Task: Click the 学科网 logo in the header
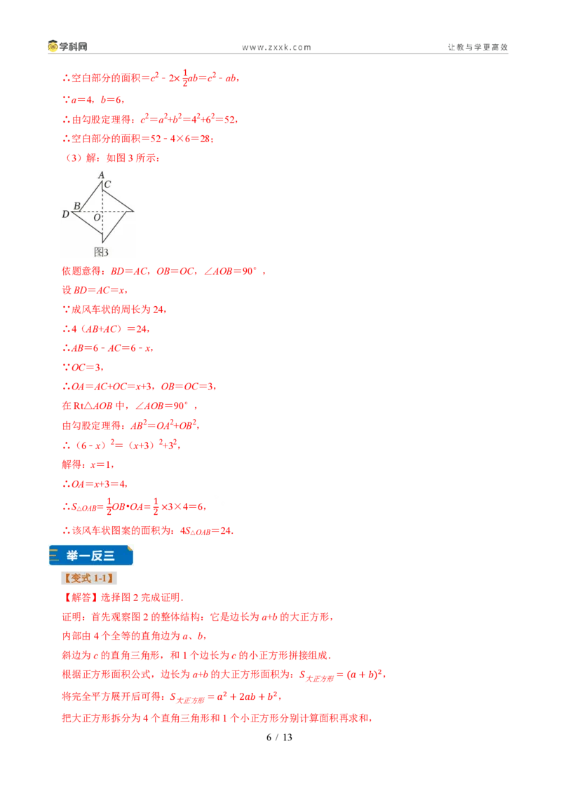coord(68,46)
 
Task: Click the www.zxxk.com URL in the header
coord(276,48)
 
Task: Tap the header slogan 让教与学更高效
coord(478,47)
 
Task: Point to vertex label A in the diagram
coord(101,175)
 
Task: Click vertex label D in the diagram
coord(65,214)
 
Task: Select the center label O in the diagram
coord(97,217)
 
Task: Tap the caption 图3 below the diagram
coord(101,252)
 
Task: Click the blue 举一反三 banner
coord(91,556)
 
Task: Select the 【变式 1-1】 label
coord(89,578)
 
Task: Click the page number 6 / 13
coord(280,738)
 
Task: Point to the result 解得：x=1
coord(88,464)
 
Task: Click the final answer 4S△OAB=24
coord(207,531)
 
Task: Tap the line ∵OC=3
coord(83,367)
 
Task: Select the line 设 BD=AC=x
coord(95,290)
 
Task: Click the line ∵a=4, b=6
coord(93,99)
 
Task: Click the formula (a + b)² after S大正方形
coord(365,674)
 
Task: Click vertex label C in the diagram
coord(107,185)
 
